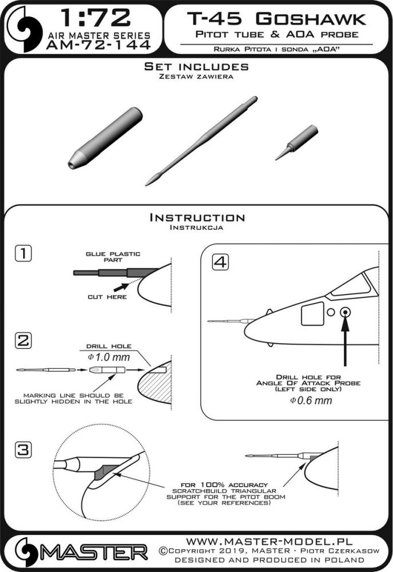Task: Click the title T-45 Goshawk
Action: coord(278,19)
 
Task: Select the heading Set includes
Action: coord(196,67)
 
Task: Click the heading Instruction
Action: coord(197,218)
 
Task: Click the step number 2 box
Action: coord(24,341)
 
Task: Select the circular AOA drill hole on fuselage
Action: coord(345,312)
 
